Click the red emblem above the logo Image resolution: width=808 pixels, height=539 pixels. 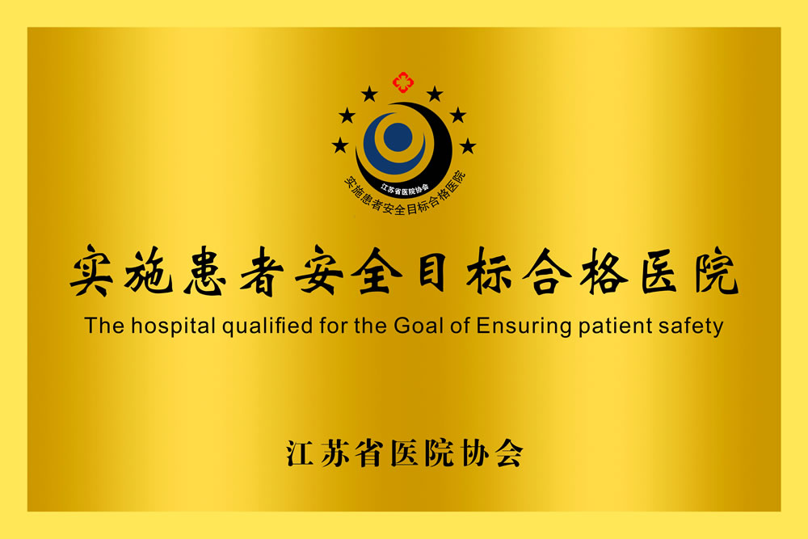[403, 82]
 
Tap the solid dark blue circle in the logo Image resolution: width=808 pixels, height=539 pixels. [398, 137]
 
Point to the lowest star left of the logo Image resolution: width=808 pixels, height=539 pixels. [340, 145]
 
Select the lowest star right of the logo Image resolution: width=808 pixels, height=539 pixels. [467, 145]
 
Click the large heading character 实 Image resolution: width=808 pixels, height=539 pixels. [92, 271]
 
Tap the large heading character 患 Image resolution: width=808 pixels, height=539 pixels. [205, 271]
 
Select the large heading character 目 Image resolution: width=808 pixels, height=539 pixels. [431, 270]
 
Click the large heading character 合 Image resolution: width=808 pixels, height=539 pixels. [547, 271]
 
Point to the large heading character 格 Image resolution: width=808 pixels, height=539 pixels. [604, 271]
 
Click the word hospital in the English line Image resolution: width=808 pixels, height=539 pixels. [173, 326]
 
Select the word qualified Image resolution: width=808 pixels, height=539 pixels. [267, 326]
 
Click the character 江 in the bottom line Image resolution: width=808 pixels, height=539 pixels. [301, 453]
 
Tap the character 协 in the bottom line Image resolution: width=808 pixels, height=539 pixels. [475, 453]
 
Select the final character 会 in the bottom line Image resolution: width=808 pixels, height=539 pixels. [510, 453]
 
